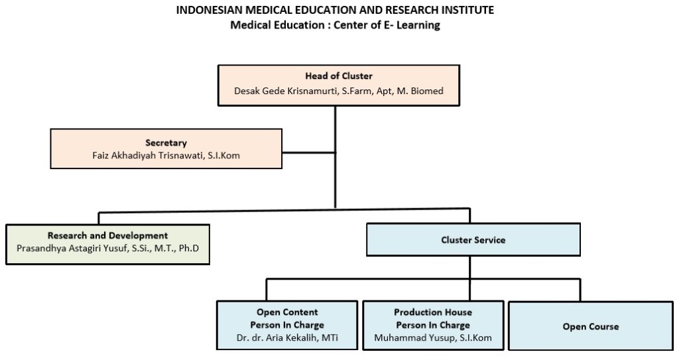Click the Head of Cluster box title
339,76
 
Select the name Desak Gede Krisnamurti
286,91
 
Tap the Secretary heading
166,143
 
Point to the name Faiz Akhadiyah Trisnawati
148,156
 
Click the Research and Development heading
107,235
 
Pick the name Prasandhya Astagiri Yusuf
73,249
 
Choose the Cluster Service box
473,239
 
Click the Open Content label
287,312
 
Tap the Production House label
433,312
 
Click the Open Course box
591,326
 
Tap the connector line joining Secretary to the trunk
308,152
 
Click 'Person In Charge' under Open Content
287,325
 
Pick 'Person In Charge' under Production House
433,325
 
